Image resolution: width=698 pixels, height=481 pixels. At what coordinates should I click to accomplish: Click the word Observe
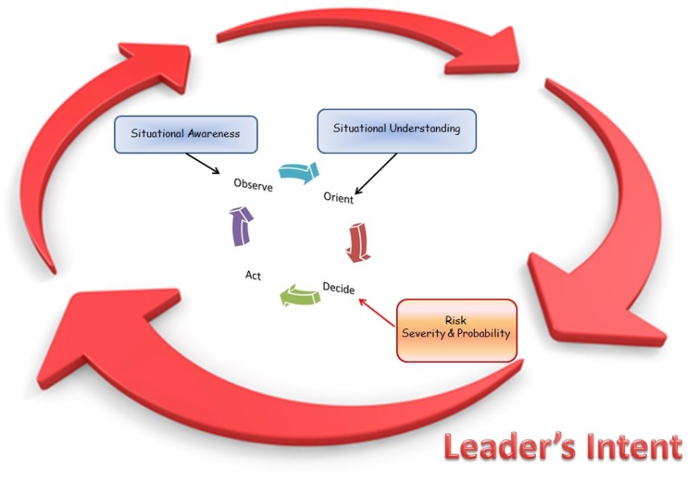pyautogui.click(x=253, y=185)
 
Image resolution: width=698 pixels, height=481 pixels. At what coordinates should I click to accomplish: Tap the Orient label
pyautogui.click(x=338, y=198)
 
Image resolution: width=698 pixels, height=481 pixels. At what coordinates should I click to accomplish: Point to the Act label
pyautogui.click(x=252, y=275)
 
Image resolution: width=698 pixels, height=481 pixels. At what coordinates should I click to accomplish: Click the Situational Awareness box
pyautogui.click(x=186, y=133)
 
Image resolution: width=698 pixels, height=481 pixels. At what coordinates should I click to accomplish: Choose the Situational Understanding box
pyautogui.click(x=397, y=130)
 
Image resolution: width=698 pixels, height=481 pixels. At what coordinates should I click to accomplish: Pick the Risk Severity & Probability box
pyautogui.click(x=455, y=328)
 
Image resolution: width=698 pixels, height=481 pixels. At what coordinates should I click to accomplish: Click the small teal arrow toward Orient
pyautogui.click(x=299, y=171)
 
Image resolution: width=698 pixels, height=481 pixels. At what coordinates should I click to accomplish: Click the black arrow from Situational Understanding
pyautogui.click(x=376, y=174)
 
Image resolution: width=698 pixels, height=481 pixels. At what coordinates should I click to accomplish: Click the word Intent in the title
pyautogui.click(x=628, y=447)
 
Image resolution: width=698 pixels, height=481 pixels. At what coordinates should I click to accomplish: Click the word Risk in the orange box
pyautogui.click(x=455, y=320)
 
